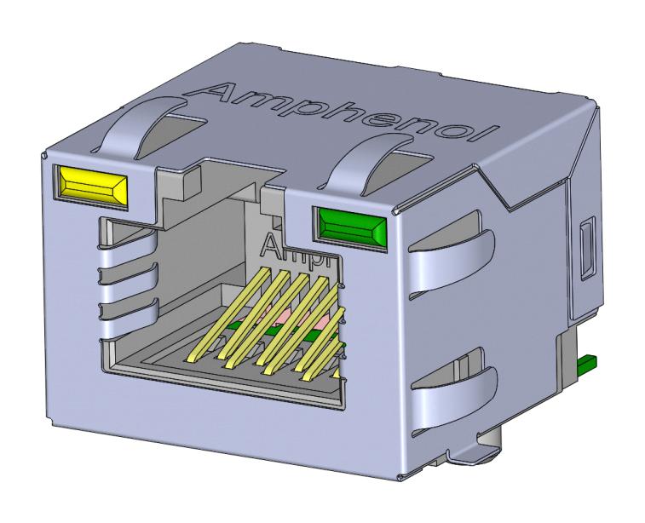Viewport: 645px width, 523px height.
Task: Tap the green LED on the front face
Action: click(351, 226)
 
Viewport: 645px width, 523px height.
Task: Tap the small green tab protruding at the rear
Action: click(587, 365)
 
